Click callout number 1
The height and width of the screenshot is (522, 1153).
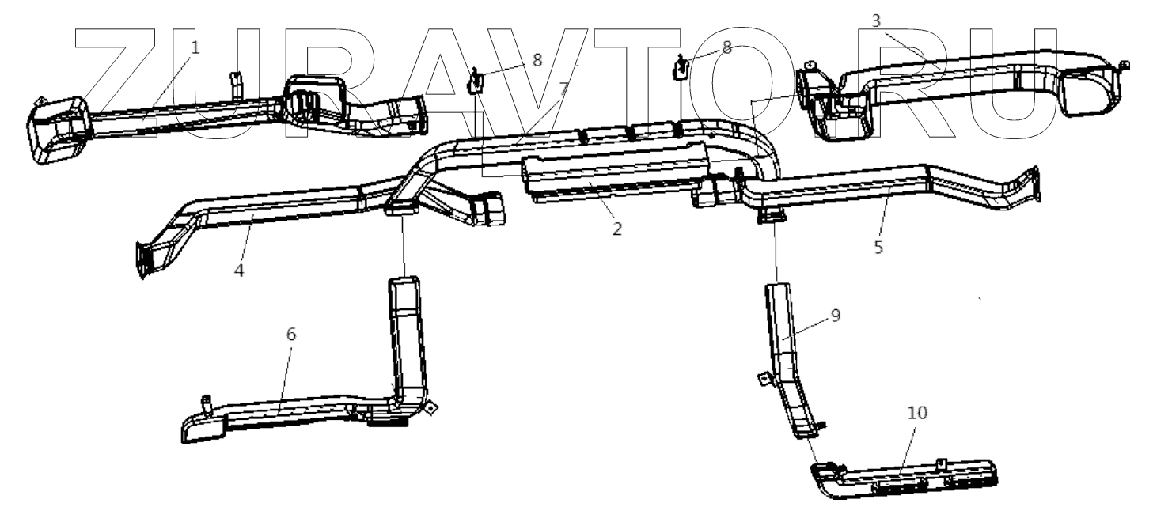(195, 47)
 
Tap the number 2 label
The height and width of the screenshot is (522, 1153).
(617, 229)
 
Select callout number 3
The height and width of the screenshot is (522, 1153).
(876, 21)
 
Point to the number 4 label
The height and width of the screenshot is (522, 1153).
(239, 270)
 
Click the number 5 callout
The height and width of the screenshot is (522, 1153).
(878, 246)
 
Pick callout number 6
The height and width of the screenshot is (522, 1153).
(290, 335)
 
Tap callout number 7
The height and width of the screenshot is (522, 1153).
(563, 89)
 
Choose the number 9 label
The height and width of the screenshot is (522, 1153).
(835, 315)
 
